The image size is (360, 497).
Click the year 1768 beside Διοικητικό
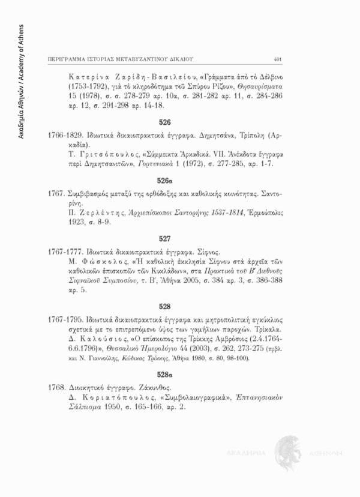tap(56, 388)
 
